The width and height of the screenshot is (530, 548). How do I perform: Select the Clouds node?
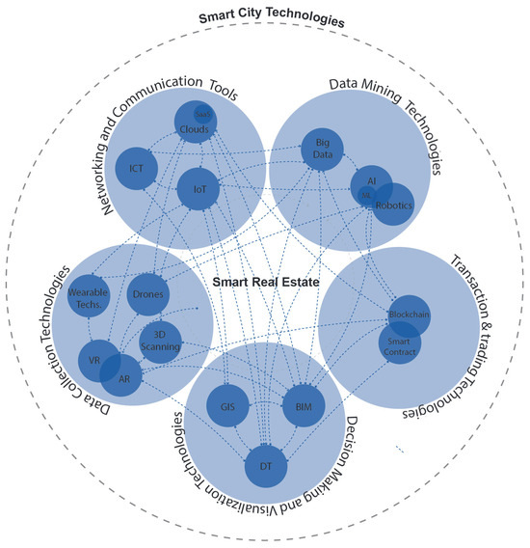point(195,128)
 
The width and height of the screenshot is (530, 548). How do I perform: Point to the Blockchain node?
point(409,315)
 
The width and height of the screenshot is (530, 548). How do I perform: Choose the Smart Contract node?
point(398,346)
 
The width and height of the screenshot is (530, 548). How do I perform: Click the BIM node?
point(305,406)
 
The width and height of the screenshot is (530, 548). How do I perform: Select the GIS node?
point(227,406)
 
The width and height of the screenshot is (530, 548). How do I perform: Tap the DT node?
point(265,465)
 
